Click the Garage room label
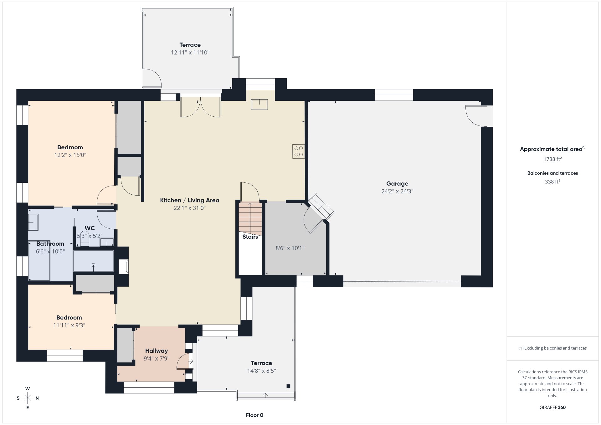397,184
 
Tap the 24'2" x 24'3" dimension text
397,191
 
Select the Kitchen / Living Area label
190,200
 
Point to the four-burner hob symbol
299,151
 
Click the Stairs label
250,237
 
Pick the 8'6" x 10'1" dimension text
290,248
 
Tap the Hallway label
157,351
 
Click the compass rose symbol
28,398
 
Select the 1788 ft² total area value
552,159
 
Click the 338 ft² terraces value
552,182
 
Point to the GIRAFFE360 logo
552,407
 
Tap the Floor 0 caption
254,415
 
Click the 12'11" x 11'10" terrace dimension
190,53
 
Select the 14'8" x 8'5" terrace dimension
261,371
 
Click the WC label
90,228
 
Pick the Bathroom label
50,244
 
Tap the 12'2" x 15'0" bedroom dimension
70,155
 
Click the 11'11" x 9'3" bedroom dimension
69,325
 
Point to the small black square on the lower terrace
288,386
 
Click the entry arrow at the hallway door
191,361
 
